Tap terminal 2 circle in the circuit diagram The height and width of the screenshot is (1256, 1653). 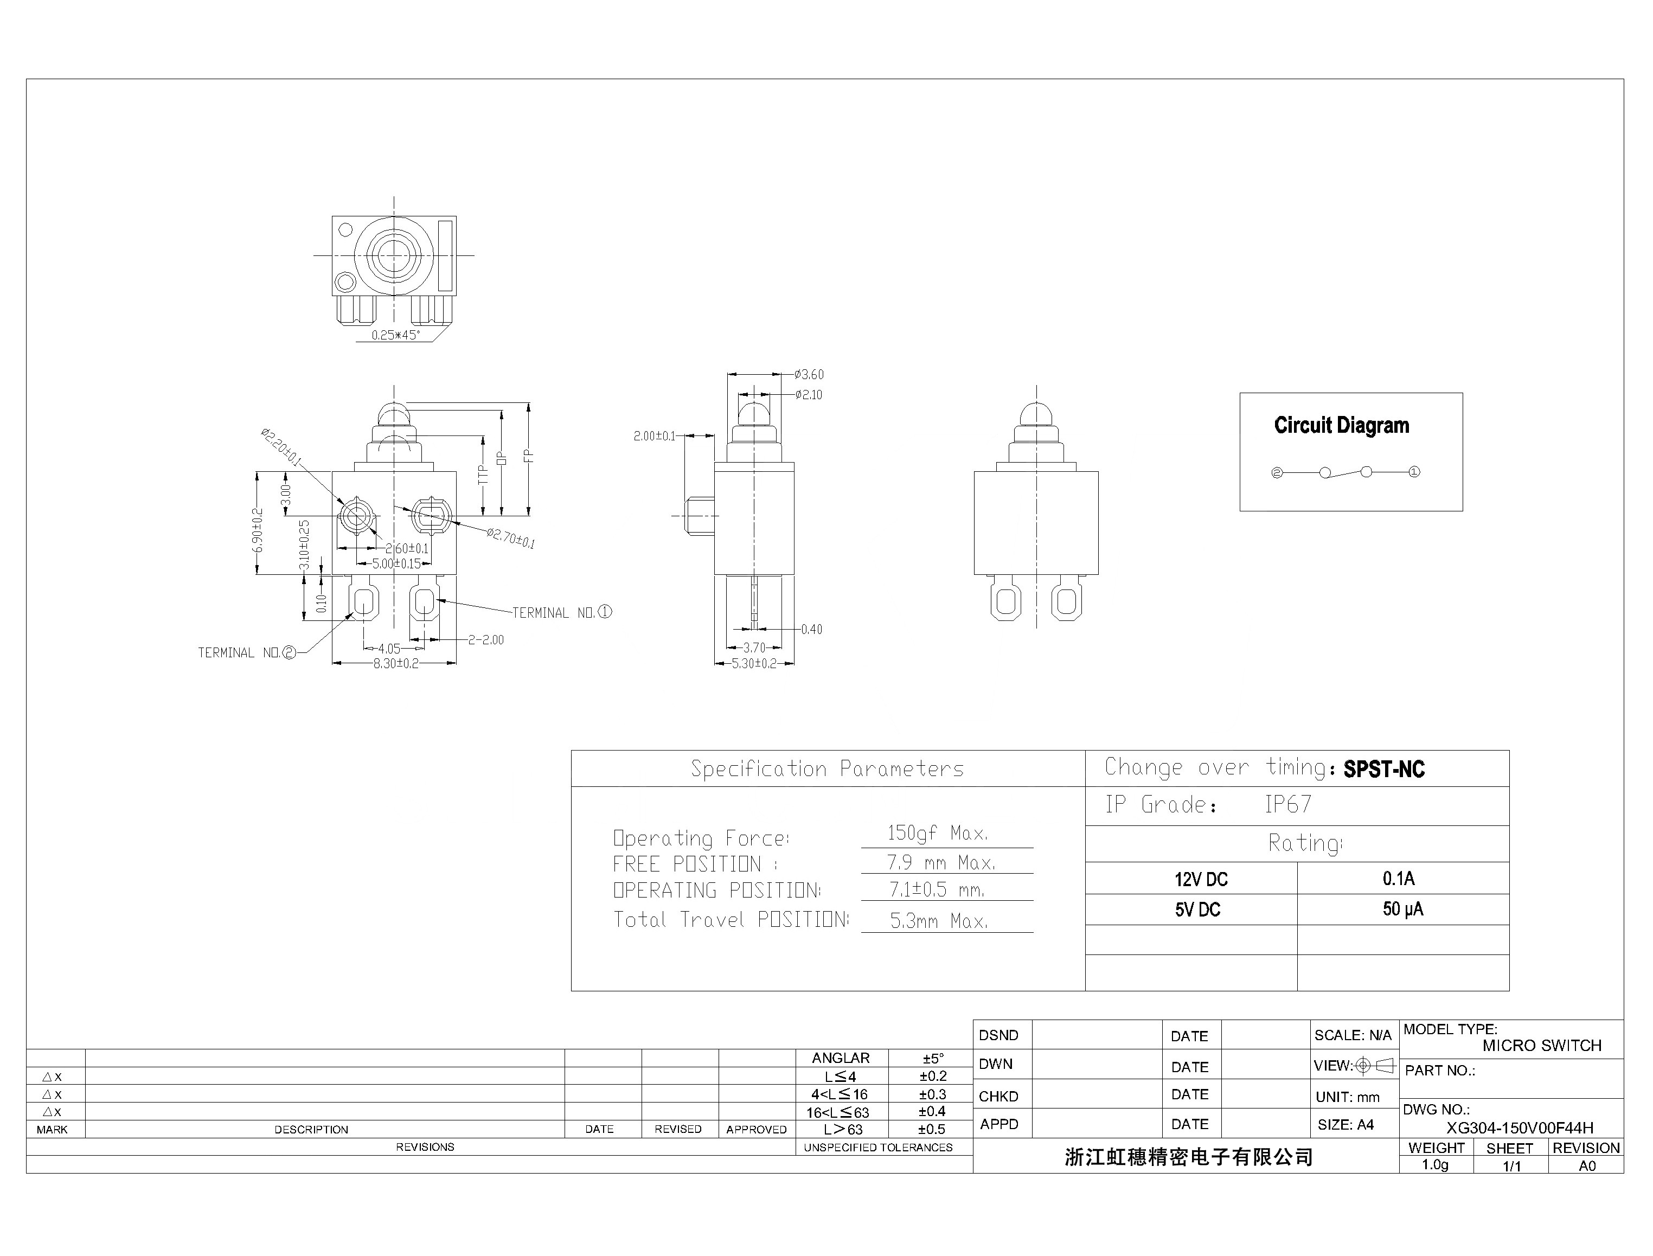coord(1277,472)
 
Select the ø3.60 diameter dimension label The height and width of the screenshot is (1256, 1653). coord(809,375)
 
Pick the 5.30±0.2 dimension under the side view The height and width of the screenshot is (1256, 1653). coord(754,664)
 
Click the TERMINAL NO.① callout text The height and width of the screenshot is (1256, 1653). coord(561,613)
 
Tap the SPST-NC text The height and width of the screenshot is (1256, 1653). coord(1384,770)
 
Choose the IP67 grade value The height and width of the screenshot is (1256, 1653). coord(1287,804)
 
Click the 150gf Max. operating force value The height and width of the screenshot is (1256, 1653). coord(938,834)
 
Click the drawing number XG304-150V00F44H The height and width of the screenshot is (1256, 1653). coord(1519,1128)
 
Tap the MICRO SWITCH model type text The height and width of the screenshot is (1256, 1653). coord(1542,1046)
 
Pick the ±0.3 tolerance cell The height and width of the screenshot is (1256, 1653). coord(932,1094)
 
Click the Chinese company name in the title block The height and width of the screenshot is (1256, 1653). coord(1189,1157)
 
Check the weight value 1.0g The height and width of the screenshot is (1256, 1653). coord(1434,1165)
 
